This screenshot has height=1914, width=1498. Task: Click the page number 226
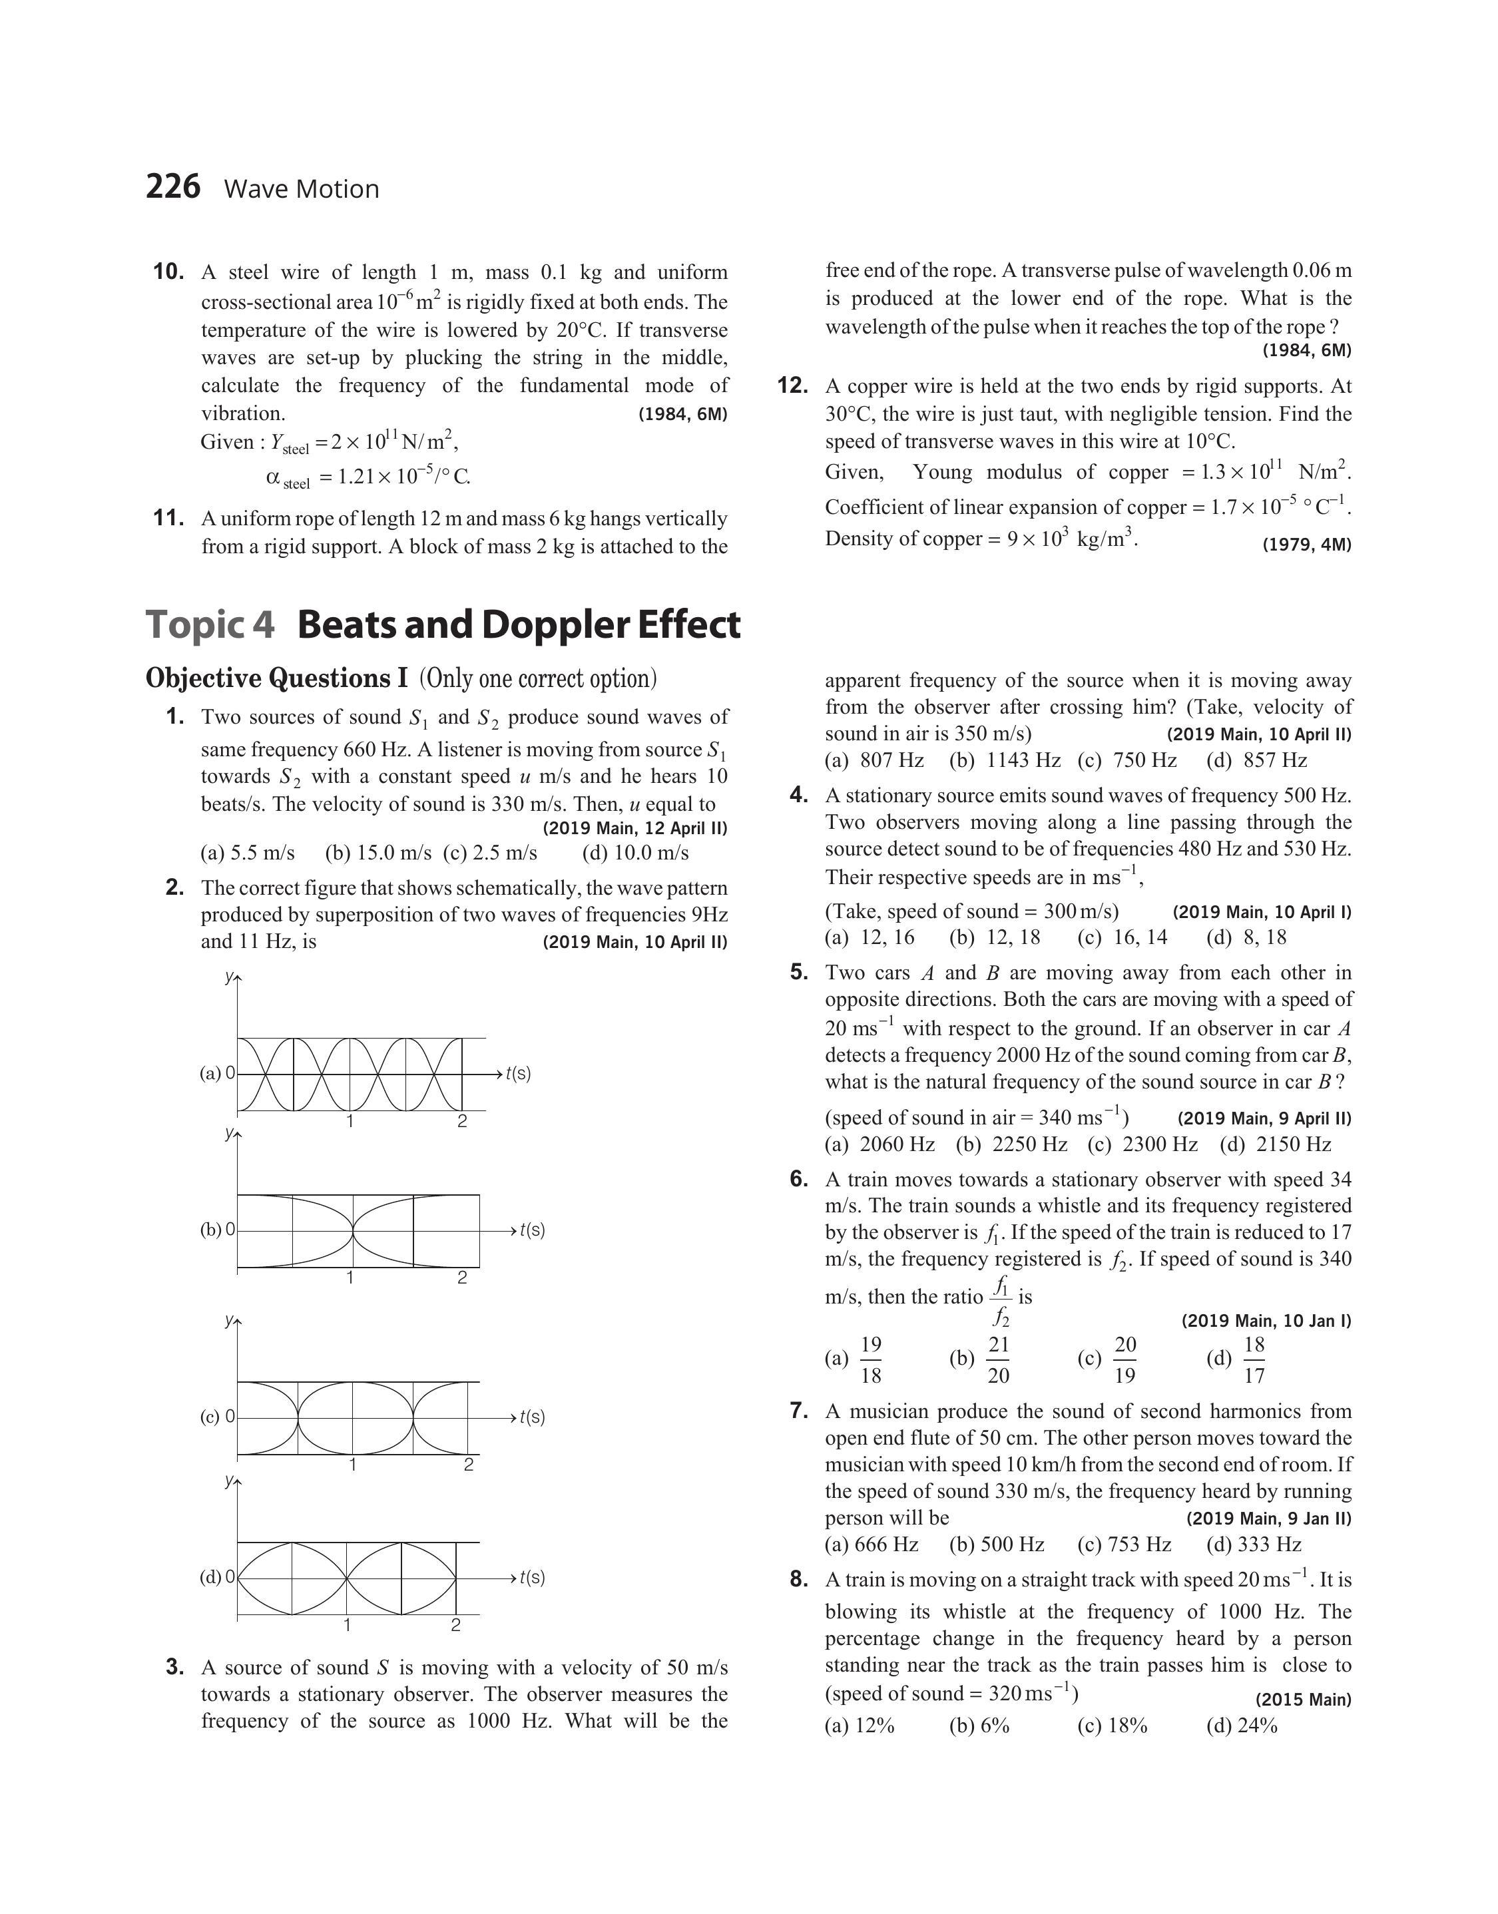173,187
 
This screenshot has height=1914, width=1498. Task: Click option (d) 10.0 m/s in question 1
635,852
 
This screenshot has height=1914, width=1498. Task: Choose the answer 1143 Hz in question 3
1005,760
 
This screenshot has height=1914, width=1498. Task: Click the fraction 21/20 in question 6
998,1360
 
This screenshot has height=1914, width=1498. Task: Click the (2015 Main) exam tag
1304,1699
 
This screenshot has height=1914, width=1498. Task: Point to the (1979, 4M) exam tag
1307,545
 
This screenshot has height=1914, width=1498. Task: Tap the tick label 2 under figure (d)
456,1624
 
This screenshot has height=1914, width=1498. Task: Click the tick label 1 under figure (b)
350,1278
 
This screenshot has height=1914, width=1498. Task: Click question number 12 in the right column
792,385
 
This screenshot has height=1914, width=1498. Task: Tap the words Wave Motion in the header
302,189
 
